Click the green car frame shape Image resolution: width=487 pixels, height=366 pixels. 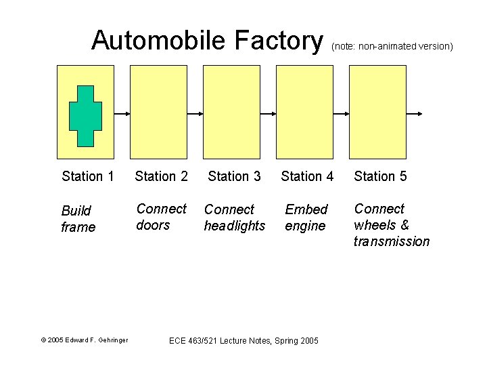(x=85, y=116)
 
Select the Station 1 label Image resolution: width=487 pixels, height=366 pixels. (x=87, y=177)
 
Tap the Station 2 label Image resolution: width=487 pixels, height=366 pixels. (x=161, y=177)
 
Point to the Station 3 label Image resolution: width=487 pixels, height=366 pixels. (x=234, y=177)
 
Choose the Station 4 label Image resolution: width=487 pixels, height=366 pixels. (x=307, y=177)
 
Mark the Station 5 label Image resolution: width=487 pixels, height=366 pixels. (x=380, y=177)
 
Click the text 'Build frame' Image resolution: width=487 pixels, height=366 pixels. (x=78, y=219)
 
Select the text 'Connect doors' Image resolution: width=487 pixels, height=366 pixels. (x=161, y=217)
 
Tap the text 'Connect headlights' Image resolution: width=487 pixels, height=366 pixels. (x=234, y=218)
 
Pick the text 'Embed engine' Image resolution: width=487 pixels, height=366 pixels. (x=306, y=218)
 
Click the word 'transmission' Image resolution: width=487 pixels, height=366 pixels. (x=391, y=242)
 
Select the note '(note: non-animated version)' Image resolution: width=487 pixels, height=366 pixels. (x=392, y=47)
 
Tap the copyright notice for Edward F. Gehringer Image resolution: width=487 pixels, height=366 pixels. (x=85, y=340)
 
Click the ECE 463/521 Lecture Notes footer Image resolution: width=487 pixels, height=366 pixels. (x=243, y=340)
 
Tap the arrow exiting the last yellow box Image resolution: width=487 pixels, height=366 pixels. (x=415, y=114)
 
